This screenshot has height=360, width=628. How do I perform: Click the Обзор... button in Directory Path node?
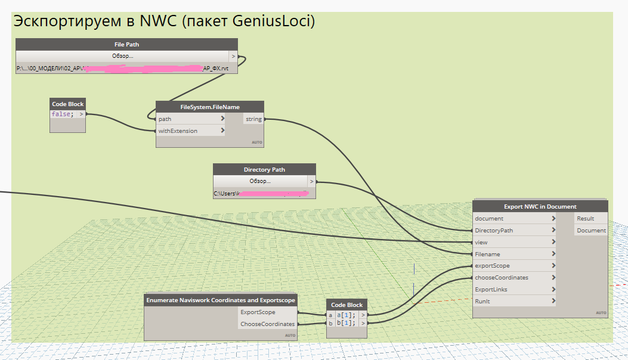point(260,181)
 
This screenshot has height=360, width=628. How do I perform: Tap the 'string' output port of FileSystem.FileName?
point(253,119)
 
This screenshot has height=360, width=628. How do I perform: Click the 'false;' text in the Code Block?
point(63,114)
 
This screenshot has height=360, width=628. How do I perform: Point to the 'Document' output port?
point(590,230)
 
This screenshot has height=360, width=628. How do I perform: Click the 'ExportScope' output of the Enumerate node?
point(258,312)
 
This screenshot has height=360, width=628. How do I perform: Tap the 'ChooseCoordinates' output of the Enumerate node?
point(267,324)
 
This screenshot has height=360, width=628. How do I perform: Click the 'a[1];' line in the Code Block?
point(346,315)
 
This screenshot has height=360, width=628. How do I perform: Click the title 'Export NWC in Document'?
point(540,207)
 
